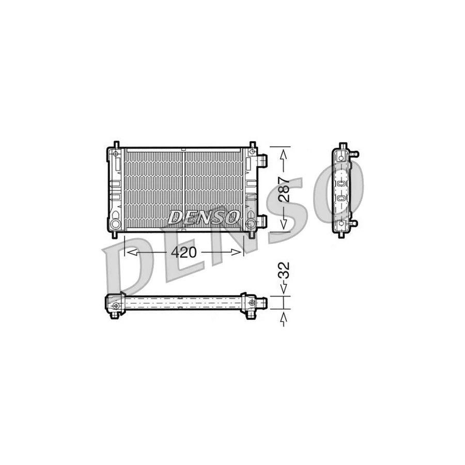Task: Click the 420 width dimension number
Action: (184, 253)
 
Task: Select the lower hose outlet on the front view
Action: (262, 222)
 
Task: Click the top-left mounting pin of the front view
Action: (116, 144)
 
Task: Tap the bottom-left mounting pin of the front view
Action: (116, 234)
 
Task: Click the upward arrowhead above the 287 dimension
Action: (283, 154)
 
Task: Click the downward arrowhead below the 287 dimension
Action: (283, 223)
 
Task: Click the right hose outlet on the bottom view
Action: (263, 301)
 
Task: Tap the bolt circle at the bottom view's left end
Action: (116, 306)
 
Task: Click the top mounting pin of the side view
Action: (342, 145)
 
